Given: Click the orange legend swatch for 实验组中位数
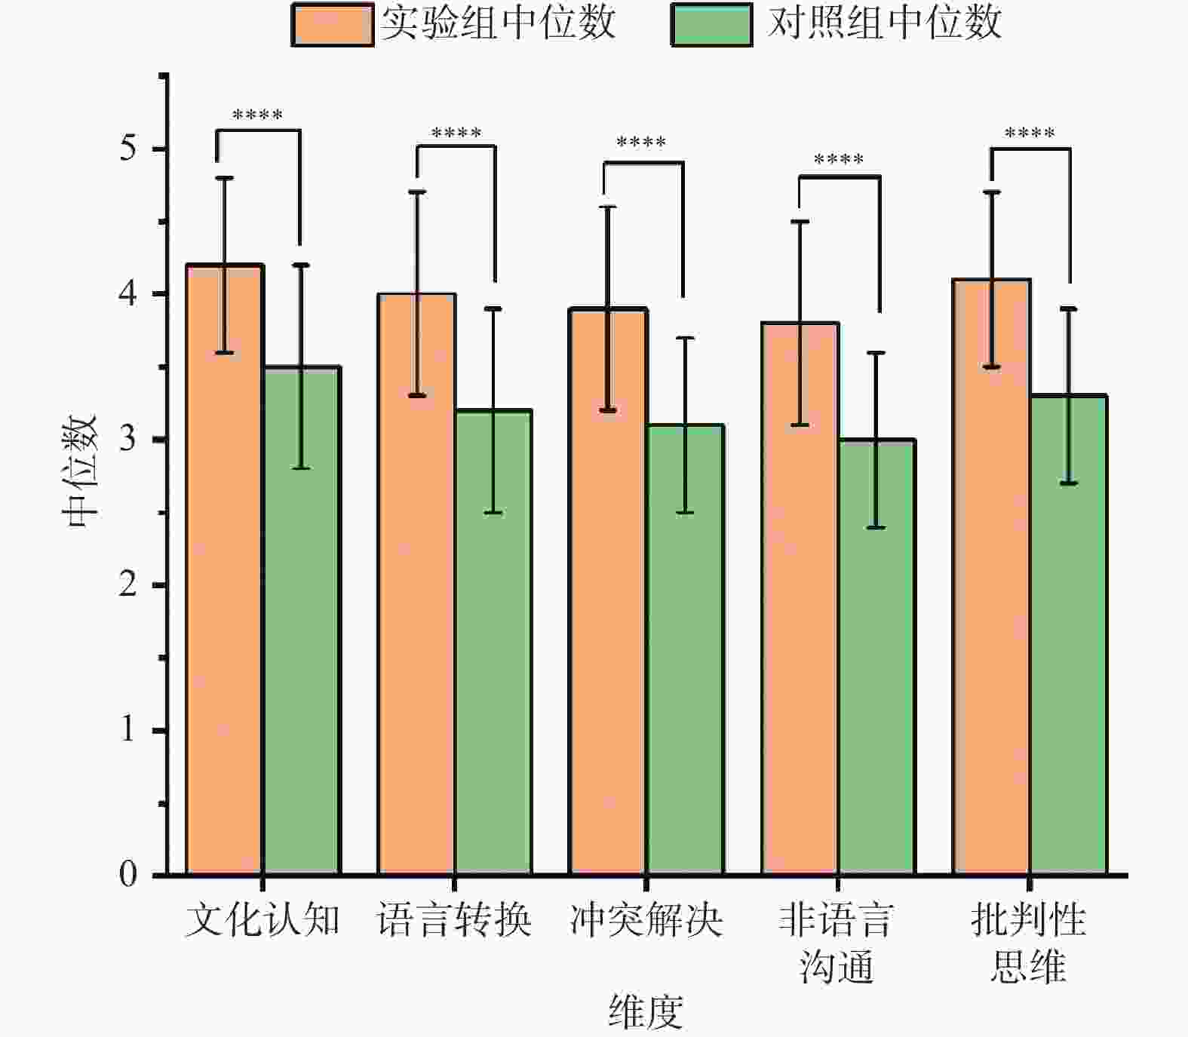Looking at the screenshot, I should pos(333,25).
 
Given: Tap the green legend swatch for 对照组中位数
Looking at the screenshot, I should pos(711,25).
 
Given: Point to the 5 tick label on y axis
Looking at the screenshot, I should pos(128,148).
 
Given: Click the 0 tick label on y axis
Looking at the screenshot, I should pos(128,874).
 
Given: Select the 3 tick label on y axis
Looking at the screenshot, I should pos(128,439).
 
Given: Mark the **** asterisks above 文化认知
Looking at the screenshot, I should pos(258,115).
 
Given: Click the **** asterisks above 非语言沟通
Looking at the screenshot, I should pos(839,160).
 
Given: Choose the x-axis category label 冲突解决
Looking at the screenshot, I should pos(646,920).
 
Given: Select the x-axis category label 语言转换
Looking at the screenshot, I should pos(454,920).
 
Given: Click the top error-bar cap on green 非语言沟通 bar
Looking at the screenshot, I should pos(876,352).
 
